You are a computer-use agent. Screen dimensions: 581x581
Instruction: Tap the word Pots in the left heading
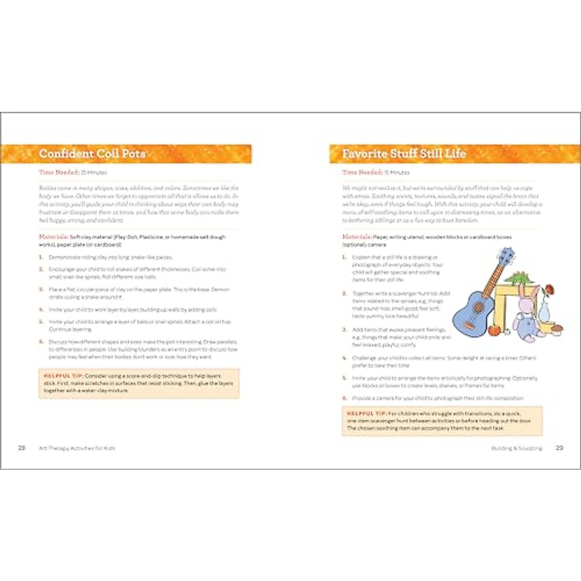point(133,154)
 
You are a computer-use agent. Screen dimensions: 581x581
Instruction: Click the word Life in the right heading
point(456,154)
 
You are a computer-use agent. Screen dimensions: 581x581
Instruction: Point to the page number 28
point(22,448)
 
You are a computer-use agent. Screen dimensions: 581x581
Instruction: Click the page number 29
point(559,448)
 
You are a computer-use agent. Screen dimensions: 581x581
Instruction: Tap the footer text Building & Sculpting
point(517,448)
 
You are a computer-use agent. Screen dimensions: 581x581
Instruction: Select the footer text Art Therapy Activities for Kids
point(77,448)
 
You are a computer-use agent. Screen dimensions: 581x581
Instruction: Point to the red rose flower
point(549,291)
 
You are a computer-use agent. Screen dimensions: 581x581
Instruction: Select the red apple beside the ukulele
point(493,330)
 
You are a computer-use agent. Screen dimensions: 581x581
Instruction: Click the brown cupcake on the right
point(558,330)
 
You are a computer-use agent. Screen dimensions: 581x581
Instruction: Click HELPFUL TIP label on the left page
point(63,376)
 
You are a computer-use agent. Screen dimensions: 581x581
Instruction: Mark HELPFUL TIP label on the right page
point(367,413)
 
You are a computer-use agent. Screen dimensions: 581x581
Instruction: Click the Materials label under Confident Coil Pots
point(54,237)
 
